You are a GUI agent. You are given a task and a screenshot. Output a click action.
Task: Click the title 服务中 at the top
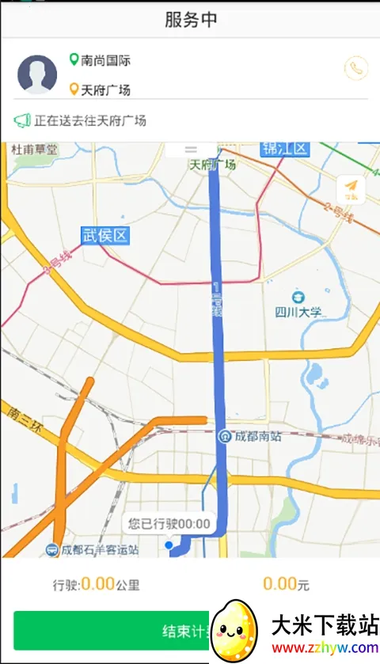190,20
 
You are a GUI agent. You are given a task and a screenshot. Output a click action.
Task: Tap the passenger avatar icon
37,74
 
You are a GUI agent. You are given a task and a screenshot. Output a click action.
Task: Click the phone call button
356,68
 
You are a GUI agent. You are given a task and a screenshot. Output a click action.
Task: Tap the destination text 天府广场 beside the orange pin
105,89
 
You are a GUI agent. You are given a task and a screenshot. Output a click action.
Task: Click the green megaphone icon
21,121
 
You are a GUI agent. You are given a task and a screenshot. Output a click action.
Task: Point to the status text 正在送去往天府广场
89,121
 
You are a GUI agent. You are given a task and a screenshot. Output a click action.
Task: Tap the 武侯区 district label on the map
104,235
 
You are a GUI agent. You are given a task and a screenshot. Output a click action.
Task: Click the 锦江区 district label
284,149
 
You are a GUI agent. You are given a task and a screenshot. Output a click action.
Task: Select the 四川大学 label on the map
298,311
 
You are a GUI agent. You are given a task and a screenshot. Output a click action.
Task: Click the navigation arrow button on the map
351,188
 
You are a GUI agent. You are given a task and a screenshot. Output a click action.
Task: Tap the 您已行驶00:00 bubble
169,523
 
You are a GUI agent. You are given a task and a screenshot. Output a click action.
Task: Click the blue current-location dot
169,545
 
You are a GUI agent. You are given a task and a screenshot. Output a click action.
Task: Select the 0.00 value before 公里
97,585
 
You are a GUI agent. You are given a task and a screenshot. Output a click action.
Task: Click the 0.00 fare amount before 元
279,585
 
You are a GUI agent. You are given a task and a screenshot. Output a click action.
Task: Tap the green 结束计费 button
111,631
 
